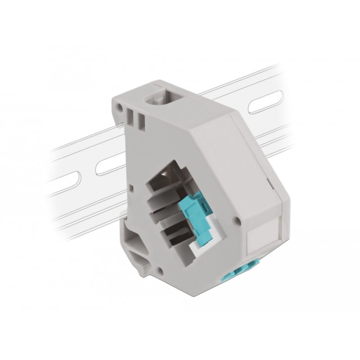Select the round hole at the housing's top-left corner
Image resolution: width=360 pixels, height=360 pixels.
119,108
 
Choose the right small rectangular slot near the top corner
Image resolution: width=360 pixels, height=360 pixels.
141,120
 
